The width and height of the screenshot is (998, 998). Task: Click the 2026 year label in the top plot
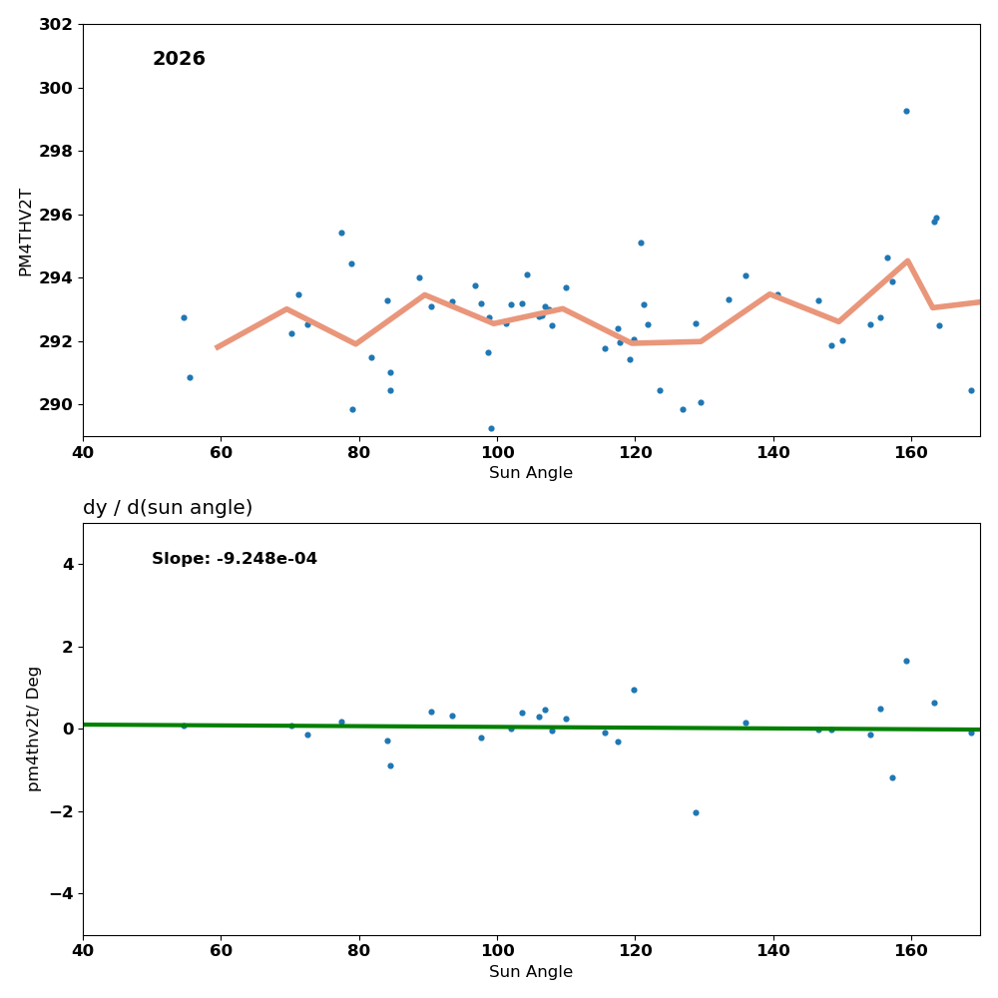coord(179,60)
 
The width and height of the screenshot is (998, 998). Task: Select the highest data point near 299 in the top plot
coord(906,111)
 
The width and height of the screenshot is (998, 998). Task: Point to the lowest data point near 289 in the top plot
coord(491,428)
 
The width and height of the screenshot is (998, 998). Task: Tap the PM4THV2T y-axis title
coord(26,232)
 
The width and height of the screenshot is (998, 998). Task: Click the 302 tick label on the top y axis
coord(57,25)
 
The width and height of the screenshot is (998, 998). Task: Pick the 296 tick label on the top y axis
coord(57,215)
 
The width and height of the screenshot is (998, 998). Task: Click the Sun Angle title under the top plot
coord(531,473)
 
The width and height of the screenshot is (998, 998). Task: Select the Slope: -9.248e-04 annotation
coord(235,559)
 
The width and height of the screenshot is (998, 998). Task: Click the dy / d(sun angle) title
coord(168,508)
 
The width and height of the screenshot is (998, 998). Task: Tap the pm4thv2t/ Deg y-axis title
coord(34,729)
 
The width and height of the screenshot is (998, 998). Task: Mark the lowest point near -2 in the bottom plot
coord(696,812)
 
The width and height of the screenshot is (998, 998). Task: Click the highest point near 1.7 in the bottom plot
coord(906,661)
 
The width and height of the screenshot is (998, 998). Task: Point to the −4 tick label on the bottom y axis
coord(62,893)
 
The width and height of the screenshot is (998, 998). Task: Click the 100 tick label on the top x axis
coord(497,453)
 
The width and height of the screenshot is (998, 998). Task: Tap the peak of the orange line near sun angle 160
coord(907,260)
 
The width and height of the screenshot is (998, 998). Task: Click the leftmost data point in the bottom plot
coord(184,726)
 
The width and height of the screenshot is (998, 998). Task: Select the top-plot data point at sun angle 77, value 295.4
coord(341,233)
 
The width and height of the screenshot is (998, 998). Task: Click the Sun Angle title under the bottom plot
coord(531,972)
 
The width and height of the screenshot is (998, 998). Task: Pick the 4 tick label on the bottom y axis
coord(68,564)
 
